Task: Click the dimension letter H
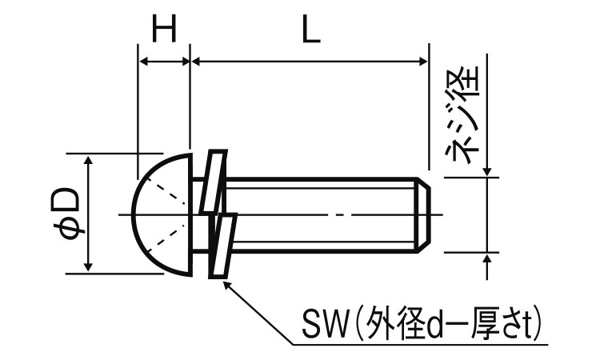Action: point(164,32)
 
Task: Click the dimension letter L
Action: point(311,32)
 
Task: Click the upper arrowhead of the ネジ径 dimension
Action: point(487,171)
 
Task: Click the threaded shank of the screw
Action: point(320,214)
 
